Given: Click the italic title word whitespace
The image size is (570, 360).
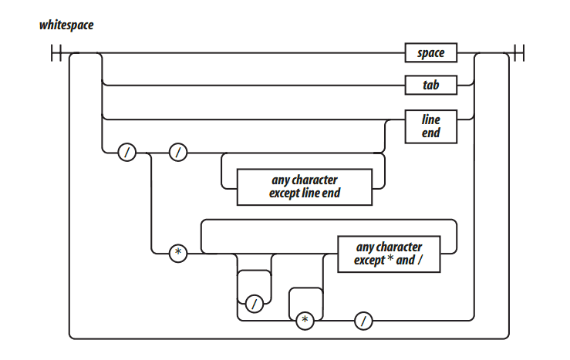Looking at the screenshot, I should [66, 25].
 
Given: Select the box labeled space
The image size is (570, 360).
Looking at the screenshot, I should [431, 53].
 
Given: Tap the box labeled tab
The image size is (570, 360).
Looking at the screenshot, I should [431, 85].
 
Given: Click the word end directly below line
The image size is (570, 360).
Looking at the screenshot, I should [431, 133].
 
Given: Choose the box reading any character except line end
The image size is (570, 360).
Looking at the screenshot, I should [305, 187].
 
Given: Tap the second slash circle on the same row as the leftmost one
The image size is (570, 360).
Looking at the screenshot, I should [177, 153].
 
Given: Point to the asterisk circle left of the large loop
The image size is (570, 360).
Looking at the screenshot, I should [177, 253].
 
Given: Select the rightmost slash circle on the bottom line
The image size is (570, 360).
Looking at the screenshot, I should [363, 319].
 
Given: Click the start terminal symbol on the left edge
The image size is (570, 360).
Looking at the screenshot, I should [56, 53].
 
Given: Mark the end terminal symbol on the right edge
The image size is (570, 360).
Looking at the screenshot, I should [516, 53].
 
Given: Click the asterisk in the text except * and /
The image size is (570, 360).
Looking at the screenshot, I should [390, 261].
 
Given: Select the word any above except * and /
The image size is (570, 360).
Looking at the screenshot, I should [365, 247].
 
